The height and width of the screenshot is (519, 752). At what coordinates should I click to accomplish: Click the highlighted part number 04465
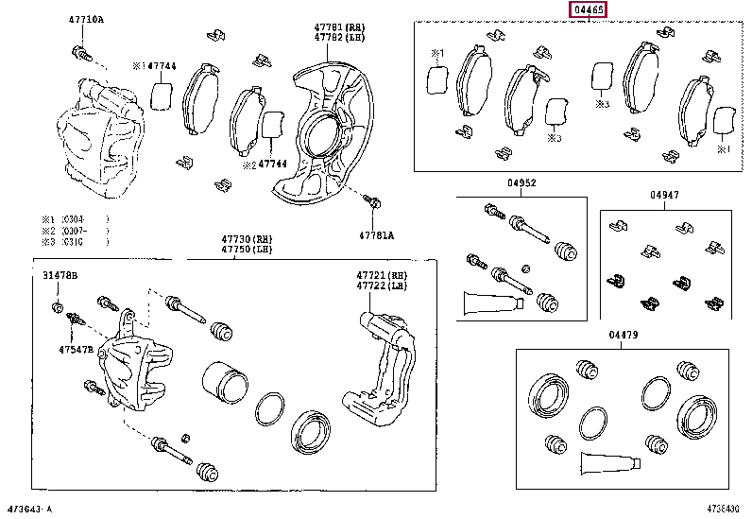(587, 10)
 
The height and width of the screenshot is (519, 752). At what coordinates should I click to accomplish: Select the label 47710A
(86, 20)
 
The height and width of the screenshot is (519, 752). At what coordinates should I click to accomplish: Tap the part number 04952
(521, 183)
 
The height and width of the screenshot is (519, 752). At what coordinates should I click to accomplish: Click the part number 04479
(623, 335)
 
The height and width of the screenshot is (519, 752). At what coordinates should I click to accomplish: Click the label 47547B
(75, 349)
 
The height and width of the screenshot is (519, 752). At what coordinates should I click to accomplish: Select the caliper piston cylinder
(225, 384)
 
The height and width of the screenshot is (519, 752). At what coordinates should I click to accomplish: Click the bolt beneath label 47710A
(80, 53)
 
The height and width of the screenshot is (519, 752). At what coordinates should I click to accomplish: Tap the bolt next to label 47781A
(372, 201)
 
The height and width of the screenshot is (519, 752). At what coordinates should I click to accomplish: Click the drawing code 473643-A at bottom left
(31, 509)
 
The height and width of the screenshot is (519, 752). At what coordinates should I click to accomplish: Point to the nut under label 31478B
(57, 307)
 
